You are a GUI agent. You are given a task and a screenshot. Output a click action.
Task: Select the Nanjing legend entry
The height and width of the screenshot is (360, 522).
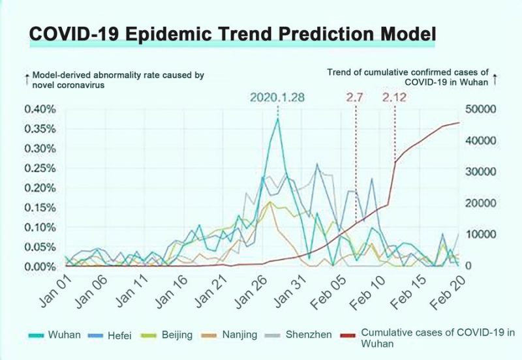235,335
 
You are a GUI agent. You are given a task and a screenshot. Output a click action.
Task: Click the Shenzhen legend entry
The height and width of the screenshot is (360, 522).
307,335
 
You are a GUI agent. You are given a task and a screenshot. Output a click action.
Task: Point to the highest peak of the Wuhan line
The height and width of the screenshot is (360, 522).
278,119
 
